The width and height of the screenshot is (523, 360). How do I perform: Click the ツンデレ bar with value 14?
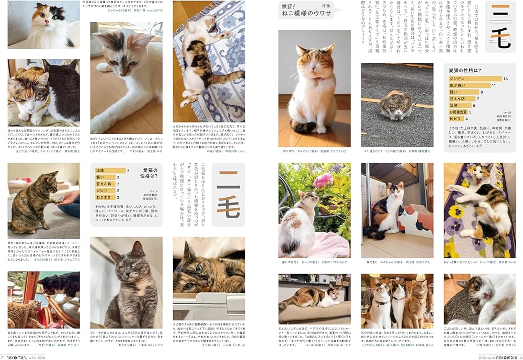[x=475, y=79]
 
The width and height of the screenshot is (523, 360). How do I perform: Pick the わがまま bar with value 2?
[x=104, y=197]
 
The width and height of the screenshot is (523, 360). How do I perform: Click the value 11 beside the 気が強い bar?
[x=494, y=85]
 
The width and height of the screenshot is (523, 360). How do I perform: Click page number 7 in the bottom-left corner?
[x=3, y=356]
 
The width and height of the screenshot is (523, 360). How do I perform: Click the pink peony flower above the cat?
[x=323, y=181]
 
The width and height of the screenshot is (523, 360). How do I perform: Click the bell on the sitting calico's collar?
[x=316, y=82]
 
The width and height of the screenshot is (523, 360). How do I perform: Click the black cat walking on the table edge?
[x=60, y=285]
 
